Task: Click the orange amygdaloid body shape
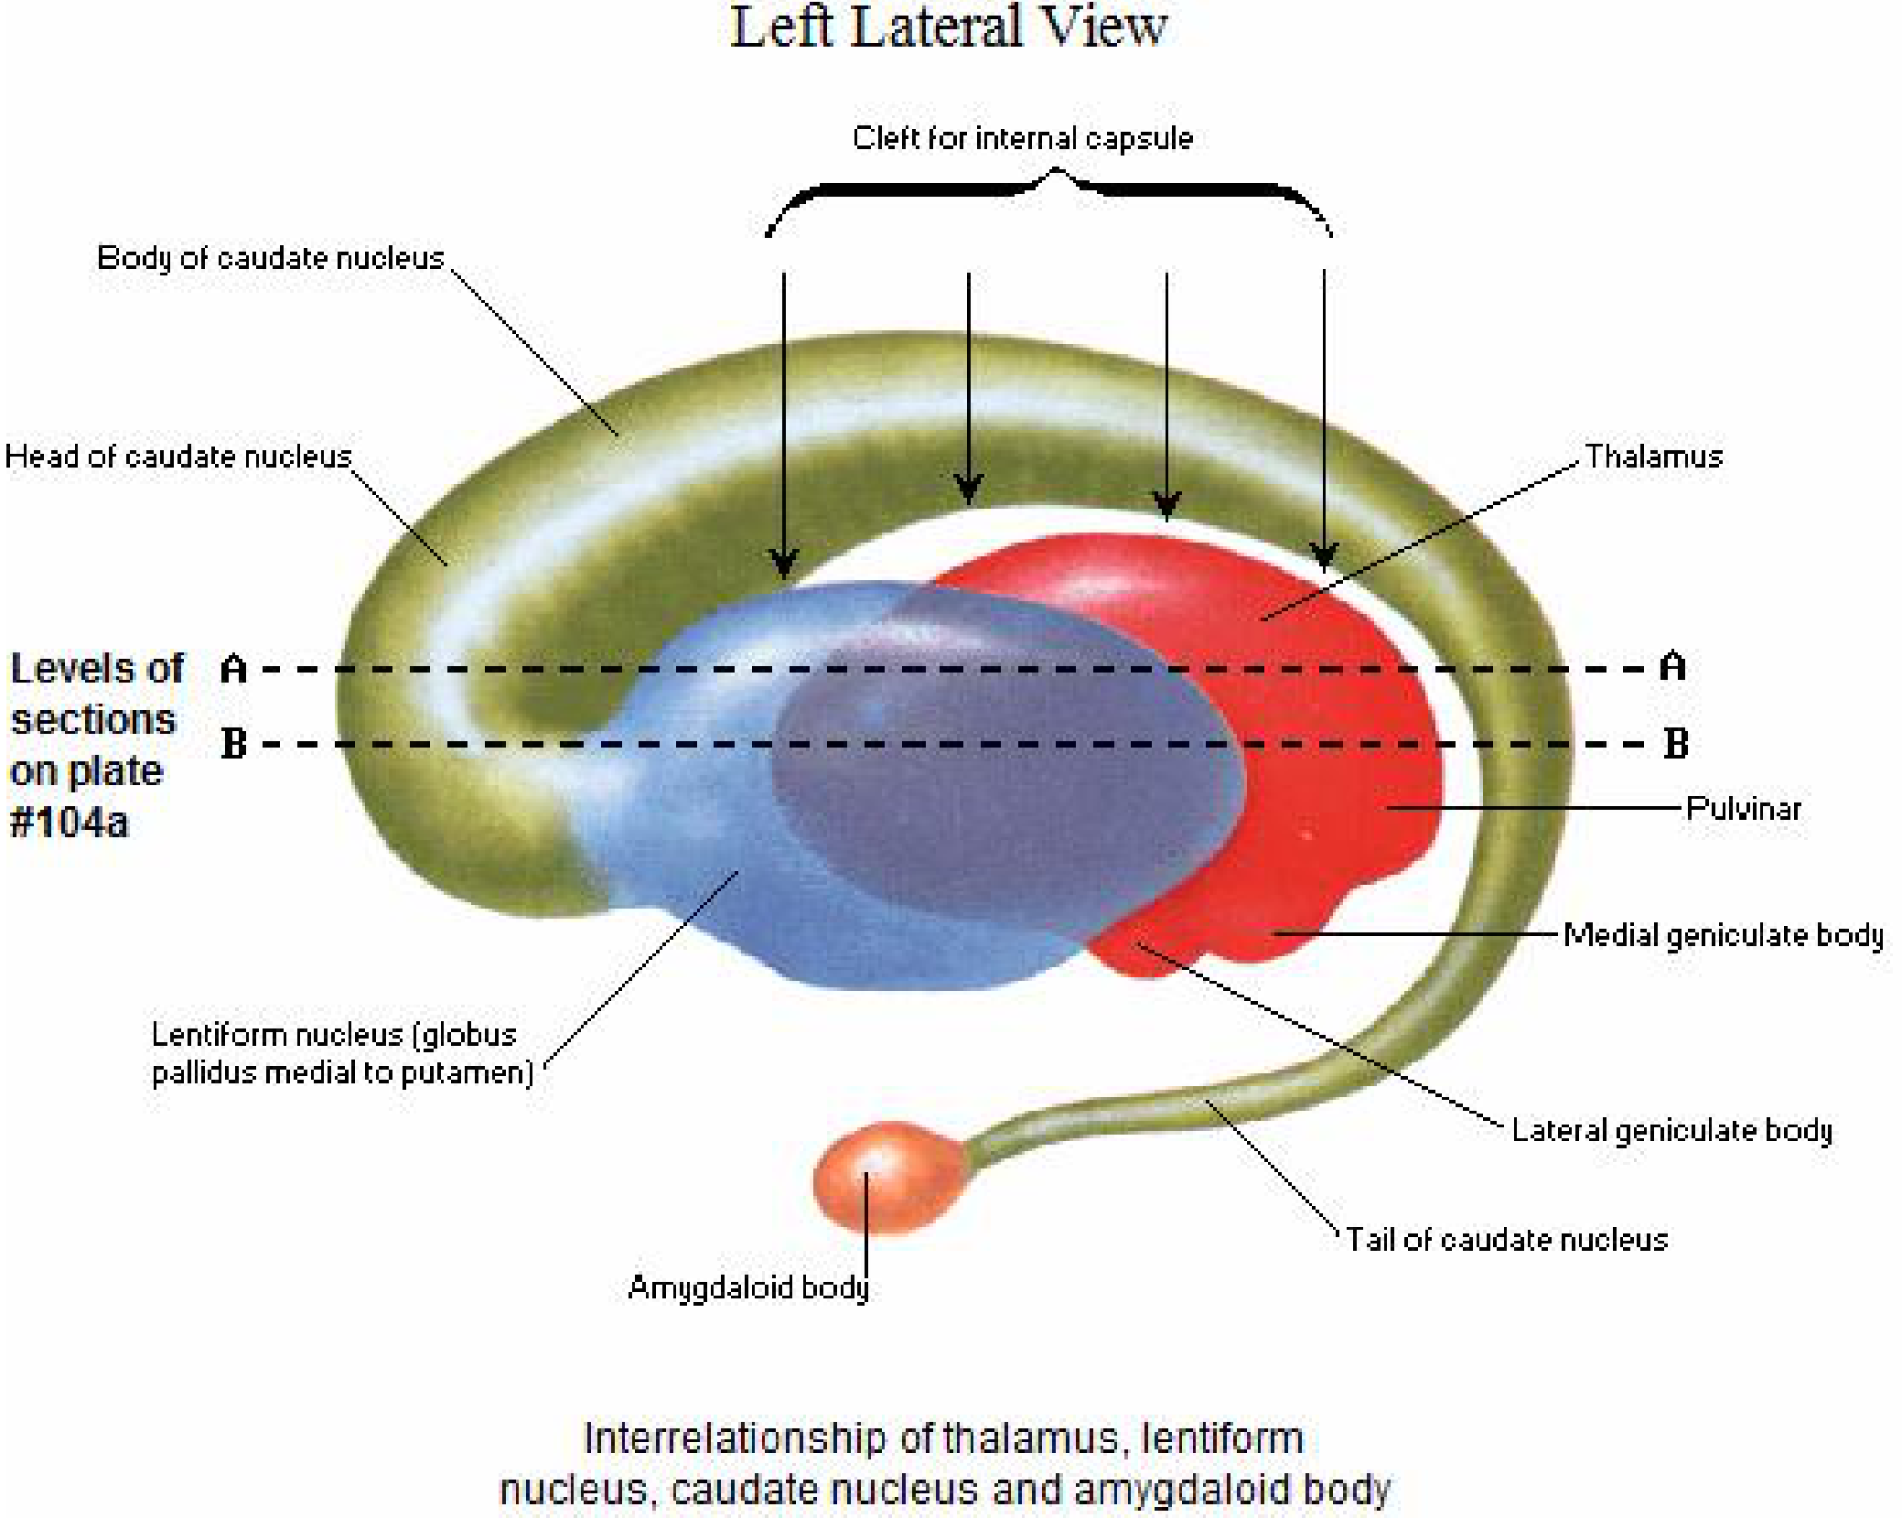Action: tap(889, 1178)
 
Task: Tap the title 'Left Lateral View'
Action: tap(949, 27)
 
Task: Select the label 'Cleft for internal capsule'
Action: tap(1023, 138)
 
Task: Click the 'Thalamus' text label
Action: tap(1654, 456)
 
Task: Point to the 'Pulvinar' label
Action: tap(1744, 808)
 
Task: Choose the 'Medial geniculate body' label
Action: tap(1724, 935)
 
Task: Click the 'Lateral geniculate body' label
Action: tap(1671, 1130)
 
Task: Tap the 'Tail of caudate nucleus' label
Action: tap(1507, 1239)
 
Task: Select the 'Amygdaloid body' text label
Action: tap(748, 1287)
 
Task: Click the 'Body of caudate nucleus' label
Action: tap(271, 257)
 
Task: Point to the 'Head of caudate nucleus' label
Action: tap(178, 456)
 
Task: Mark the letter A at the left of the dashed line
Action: tap(234, 669)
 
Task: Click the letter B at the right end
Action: tap(1676, 743)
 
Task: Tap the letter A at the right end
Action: tap(1673, 666)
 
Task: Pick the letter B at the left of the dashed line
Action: tap(234, 743)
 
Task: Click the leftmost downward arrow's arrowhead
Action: tap(784, 564)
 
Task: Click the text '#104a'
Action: tap(69, 823)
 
